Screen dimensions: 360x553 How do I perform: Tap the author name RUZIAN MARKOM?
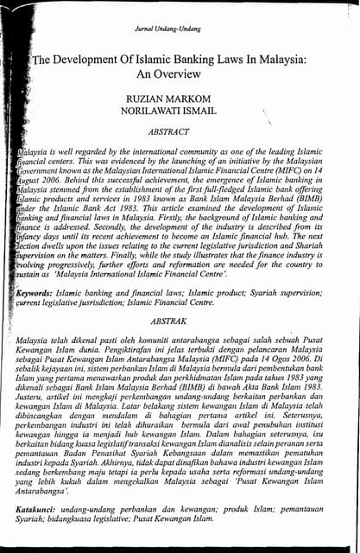point(179,101)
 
